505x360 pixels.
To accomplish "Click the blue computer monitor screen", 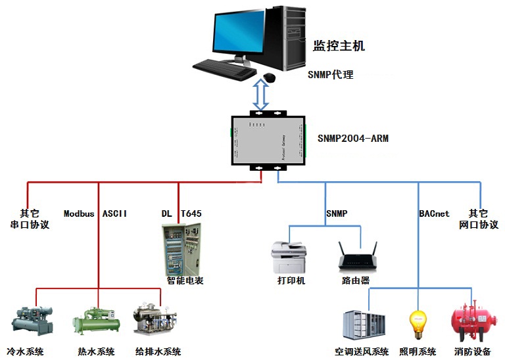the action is tap(239, 32).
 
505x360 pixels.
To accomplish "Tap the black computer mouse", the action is tap(269, 78).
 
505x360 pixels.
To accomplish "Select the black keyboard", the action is tap(224, 70).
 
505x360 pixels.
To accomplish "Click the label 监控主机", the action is tap(339, 46).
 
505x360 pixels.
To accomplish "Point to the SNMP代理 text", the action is tap(331, 75).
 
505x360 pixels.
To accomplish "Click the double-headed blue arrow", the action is tap(260, 95).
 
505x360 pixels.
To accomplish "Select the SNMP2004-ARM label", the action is tap(353, 139).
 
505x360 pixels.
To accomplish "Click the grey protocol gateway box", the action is tap(268, 141).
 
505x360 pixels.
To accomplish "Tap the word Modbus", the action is tap(79, 214).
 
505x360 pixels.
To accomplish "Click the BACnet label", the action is tap(434, 214).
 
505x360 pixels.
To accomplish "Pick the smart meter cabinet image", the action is tap(181, 250).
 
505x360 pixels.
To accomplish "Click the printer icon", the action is tap(289, 257).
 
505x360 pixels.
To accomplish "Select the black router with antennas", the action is tap(358, 256).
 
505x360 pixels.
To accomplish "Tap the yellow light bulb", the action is tap(418, 324).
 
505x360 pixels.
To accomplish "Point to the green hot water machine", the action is tap(96, 322).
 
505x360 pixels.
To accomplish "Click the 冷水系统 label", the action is tap(25, 351).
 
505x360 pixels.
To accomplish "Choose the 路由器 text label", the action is tap(356, 281).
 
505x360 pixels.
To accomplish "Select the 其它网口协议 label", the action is tap(479, 219).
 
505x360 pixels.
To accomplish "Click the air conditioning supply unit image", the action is tap(364, 325).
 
